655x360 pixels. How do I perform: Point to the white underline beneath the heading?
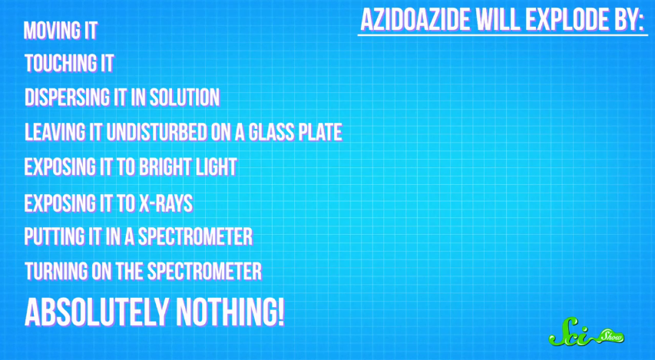[502, 35]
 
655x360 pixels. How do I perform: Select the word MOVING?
[47, 31]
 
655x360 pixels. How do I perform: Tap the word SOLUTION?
[184, 97]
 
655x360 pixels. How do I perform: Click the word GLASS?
[271, 132]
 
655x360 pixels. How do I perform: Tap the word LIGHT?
[212, 167]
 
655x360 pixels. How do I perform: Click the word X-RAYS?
[165, 203]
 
